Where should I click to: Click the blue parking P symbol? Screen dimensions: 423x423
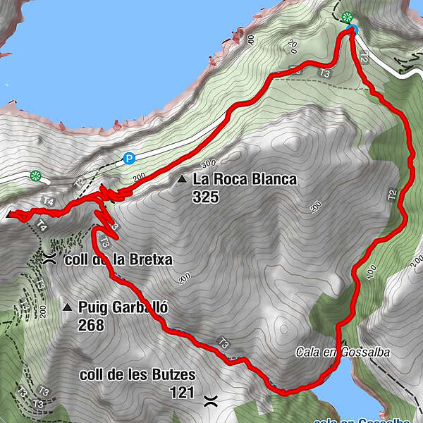[x=129, y=159]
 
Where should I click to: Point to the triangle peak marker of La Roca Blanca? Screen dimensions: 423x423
[x=183, y=180]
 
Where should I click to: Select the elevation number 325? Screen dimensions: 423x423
[x=206, y=197]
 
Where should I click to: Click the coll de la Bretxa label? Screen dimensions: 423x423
[x=118, y=259]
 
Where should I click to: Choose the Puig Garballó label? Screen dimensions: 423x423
[x=124, y=308]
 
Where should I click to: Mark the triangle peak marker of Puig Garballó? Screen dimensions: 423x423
[x=67, y=307]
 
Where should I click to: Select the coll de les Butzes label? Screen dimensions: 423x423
[x=137, y=374]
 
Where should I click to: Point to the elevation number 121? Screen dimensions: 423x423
[x=182, y=392]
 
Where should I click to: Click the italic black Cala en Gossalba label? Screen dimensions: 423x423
[x=343, y=352]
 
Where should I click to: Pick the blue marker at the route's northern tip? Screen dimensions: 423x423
[x=352, y=30]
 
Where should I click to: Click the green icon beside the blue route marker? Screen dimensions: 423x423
[x=345, y=17]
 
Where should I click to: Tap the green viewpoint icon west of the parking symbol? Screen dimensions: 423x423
[x=35, y=176]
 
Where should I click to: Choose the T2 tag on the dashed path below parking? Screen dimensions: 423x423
[x=79, y=182]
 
